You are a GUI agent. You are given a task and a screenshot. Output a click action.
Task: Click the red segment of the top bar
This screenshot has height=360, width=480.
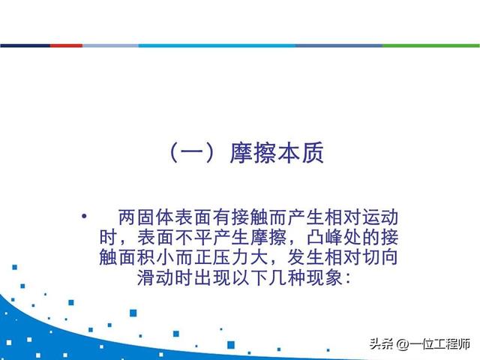point(67,46)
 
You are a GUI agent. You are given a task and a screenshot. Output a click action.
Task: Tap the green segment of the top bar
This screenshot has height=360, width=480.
point(430,46)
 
